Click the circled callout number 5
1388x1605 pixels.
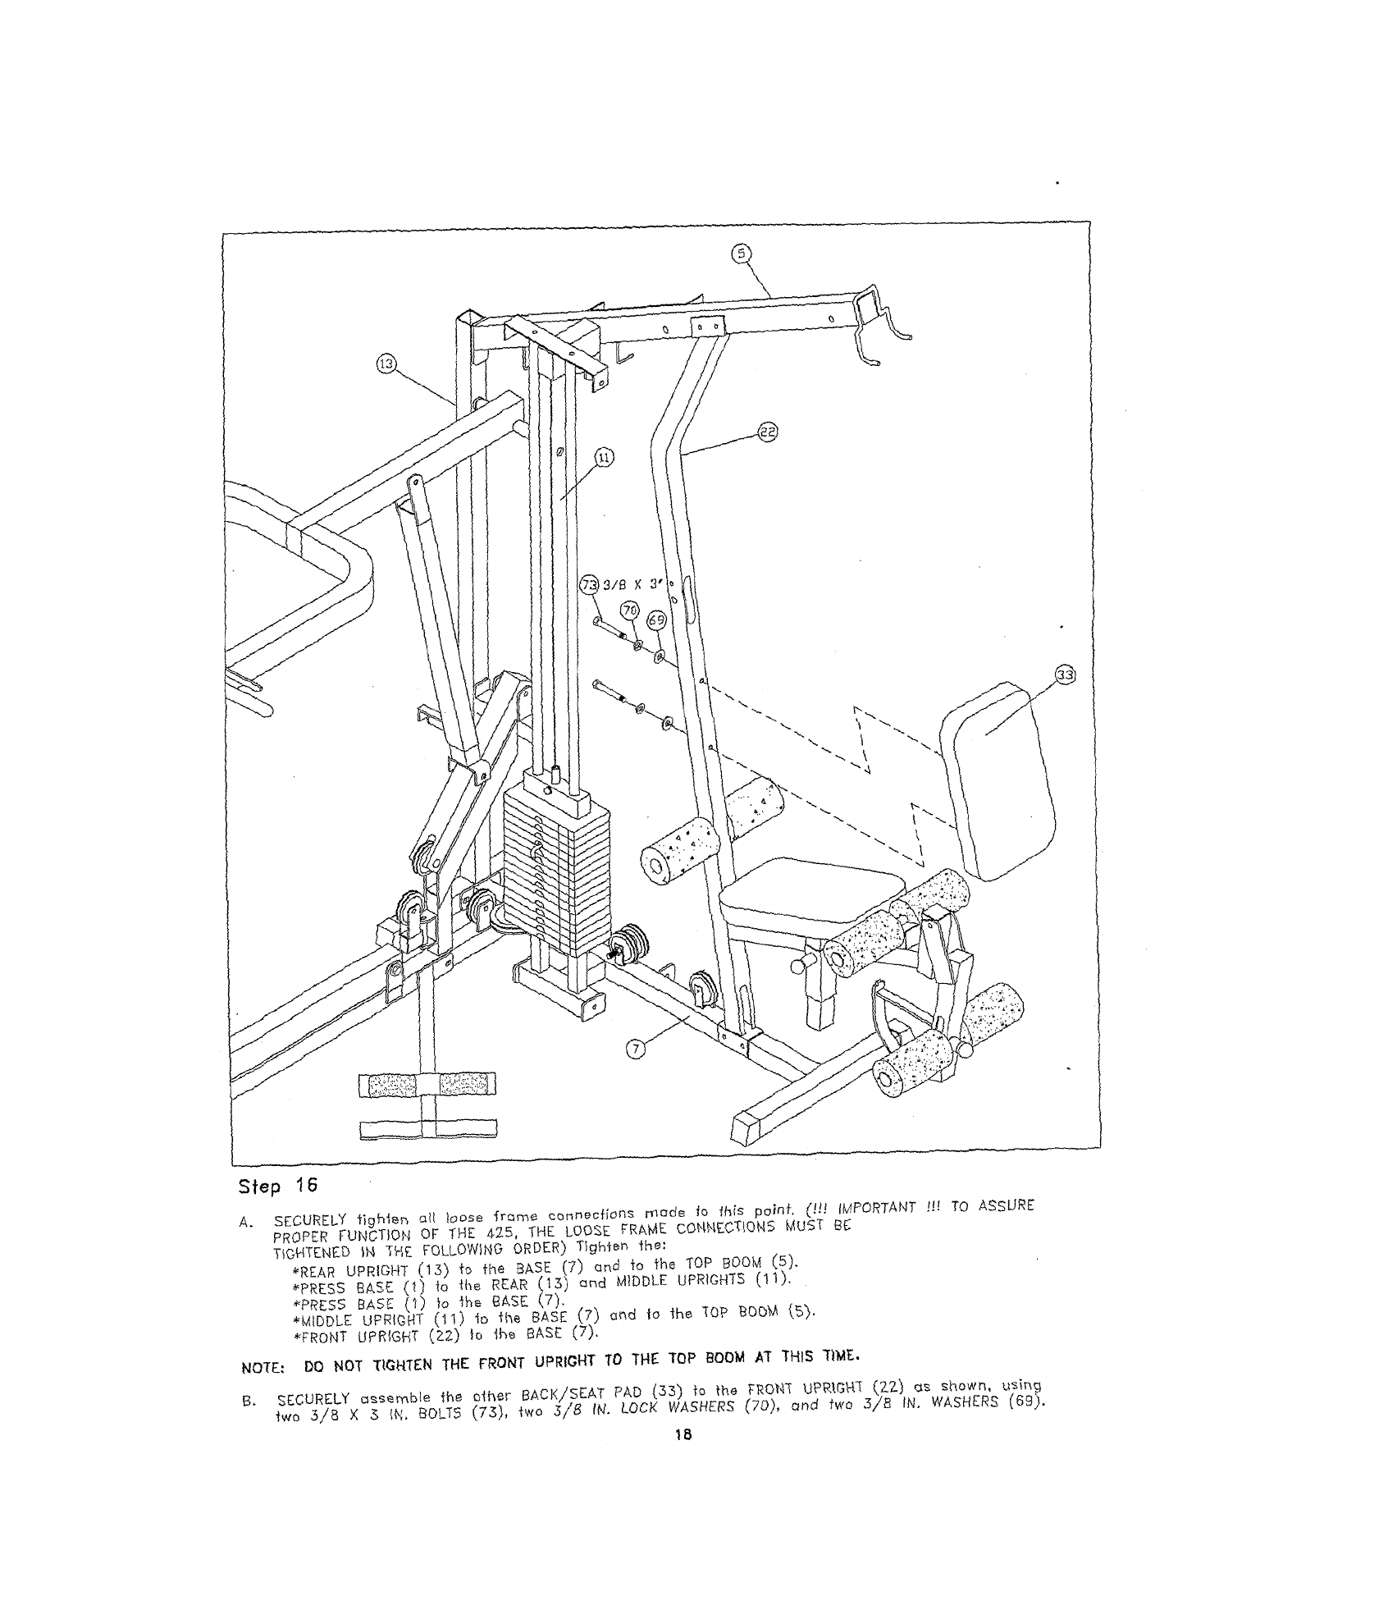[x=741, y=254]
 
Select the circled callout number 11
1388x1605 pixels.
[x=604, y=458]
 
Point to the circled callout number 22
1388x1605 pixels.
[x=768, y=432]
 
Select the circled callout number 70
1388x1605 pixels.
[x=629, y=610]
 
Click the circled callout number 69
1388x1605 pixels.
[x=656, y=620]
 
